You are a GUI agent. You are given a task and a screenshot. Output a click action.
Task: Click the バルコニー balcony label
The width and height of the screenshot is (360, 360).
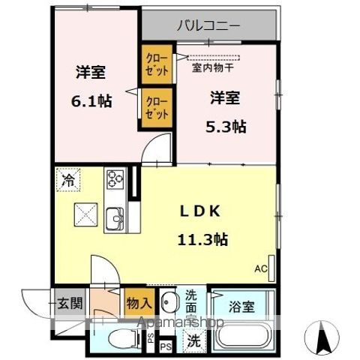click(208, 26)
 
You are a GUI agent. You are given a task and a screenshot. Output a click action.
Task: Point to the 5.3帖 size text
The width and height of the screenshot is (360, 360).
click(226, 126)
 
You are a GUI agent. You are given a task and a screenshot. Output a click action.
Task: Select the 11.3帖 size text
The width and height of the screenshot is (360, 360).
click(202, 240)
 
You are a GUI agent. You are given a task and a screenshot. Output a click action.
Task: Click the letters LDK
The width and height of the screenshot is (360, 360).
click(202, 212)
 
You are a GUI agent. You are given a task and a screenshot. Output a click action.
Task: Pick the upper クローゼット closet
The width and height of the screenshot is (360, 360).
click(157, 64)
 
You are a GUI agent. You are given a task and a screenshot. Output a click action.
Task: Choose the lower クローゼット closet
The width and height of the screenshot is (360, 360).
click(157, 106)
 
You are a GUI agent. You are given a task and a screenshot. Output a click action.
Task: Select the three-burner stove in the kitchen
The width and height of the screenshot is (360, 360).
click(115, 178)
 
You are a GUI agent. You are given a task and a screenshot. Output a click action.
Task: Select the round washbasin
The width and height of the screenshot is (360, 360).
click(169, 304)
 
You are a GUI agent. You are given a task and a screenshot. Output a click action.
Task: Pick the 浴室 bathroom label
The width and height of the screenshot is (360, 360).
click(241, 306)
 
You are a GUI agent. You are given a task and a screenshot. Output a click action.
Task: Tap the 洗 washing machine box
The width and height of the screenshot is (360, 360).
click(193, 339)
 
